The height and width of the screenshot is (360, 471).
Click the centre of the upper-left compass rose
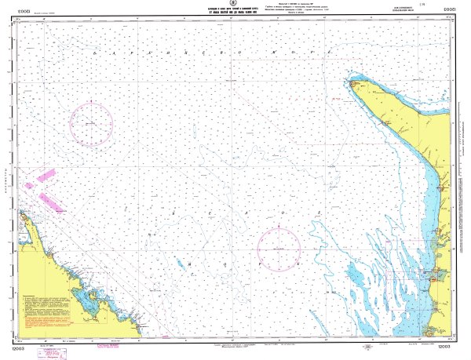(x=91, y=125)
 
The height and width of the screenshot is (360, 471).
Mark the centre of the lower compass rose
(x=279, y=248)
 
